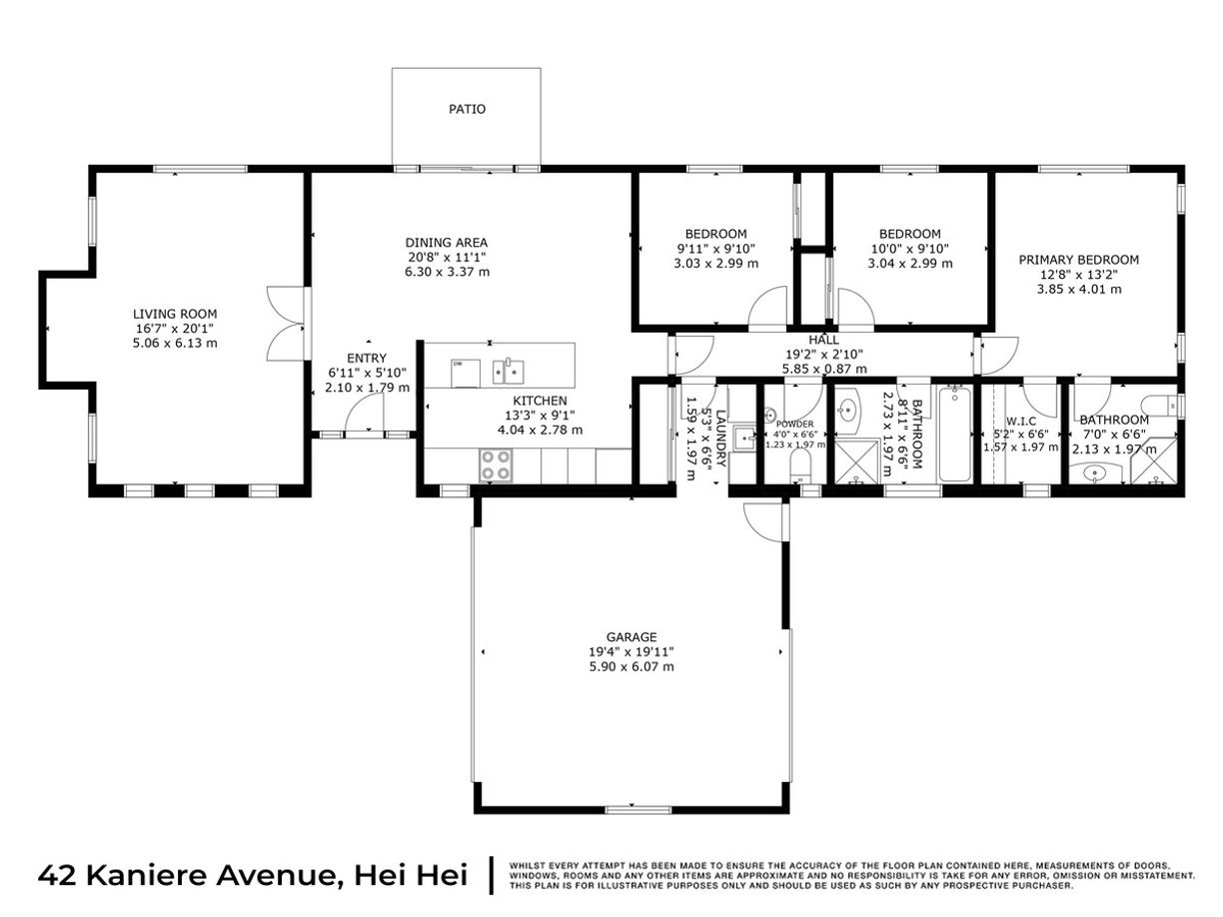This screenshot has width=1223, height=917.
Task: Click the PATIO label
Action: click(x=467, y=109)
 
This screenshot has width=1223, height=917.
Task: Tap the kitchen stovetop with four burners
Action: click(x=497, y=464)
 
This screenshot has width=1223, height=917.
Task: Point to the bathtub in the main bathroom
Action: click(x=954, y=436)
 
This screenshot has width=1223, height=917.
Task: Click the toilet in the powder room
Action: click(x=799, y=465)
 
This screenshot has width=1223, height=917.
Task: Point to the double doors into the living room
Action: click(x=285, y=325)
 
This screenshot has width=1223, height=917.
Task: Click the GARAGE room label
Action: click(x=631, y=636)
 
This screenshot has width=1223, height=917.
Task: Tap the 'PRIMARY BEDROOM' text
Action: click(x=1078, y=260)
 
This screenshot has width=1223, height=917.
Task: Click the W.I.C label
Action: click(x=1021, y=421)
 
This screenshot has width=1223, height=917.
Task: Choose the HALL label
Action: click(x=823, y=340)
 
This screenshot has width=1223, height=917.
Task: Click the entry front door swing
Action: click(x=369, y=412)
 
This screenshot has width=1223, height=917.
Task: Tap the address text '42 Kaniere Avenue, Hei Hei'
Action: click(x=253, y=875)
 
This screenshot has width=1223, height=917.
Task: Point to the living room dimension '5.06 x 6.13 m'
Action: click(x=176, y=343)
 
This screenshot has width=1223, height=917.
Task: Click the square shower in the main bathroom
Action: click(x=854, y=465)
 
